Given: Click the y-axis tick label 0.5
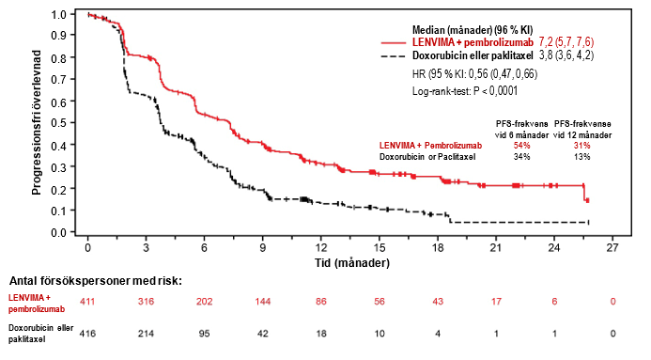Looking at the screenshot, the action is click(58, 123).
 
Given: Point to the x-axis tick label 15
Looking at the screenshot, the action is click(380, 248).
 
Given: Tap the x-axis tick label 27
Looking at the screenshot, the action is click(612, 248).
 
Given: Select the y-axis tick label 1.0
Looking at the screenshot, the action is click(58, 14).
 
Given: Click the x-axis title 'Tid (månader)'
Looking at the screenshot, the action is click(352, 263).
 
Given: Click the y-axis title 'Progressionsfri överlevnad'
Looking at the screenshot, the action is click(37, 122).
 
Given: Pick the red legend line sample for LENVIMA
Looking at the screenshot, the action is click(394, 42).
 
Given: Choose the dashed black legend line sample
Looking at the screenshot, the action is click(394, 55).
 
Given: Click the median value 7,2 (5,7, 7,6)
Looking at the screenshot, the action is click(566, 42).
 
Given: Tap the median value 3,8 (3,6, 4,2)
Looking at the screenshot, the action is click(566, 55).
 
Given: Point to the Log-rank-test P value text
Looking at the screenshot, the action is click(465, 91).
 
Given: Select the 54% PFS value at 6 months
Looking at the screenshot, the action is click(521, 146).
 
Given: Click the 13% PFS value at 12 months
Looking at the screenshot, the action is click(582, 157).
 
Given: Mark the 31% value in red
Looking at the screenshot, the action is click(582, 146).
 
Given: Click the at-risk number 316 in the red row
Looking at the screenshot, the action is click(146, 302).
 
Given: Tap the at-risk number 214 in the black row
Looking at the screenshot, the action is click(146, 334).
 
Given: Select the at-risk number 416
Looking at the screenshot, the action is click(87, 334).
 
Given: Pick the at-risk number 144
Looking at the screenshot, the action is click(263, 302).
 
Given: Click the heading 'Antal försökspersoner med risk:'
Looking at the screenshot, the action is click(96, 281).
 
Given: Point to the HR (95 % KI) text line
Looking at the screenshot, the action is click(474, 74).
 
